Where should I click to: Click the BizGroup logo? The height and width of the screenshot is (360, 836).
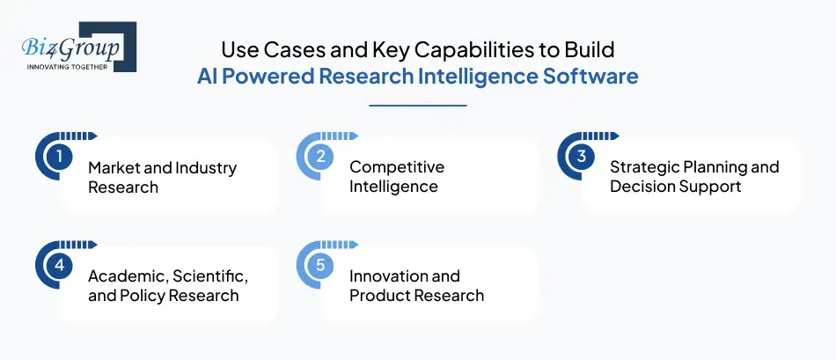pos(76,46)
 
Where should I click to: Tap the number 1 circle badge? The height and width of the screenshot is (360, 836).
pos(59,157)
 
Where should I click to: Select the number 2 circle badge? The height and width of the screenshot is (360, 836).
pos(320,157)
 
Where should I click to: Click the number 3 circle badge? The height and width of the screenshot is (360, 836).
pos(581,157)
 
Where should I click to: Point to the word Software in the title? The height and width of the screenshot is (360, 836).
pos(591,77)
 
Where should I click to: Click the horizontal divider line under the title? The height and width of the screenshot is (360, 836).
pos(417,106)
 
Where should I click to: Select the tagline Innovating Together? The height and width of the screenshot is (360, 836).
pos(67,66)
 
